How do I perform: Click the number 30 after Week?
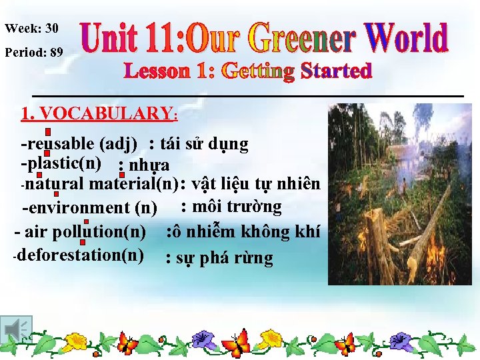51,29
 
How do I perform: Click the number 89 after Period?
57,52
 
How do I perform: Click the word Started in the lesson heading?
336,71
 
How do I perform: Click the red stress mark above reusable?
49,132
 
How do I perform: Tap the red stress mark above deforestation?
86,244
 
